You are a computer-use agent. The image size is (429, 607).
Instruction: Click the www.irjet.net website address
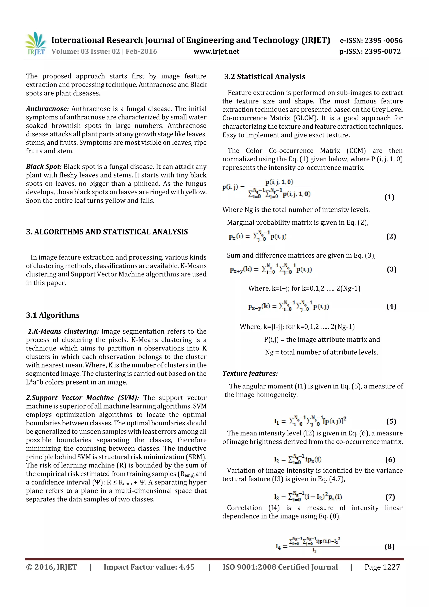[216, 52]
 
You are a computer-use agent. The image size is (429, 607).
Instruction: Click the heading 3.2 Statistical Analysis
[265, 77]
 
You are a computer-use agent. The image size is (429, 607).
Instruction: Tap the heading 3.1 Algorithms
[53, 315]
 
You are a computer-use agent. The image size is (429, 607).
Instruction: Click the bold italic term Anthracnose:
[47, 109]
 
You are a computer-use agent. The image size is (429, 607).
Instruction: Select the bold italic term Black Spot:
[44, 167]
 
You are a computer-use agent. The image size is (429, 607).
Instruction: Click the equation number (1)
[389, 197]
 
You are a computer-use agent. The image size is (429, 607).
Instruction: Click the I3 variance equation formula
[308, 497]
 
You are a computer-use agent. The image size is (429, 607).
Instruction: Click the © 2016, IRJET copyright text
[51, 567]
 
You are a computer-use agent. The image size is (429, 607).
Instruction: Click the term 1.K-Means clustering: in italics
[63, 331]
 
